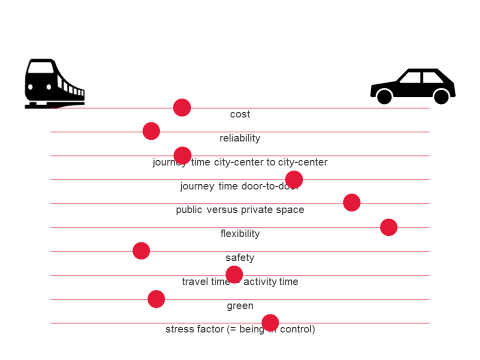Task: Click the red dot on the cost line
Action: click(182, 107)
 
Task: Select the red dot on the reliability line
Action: click(151, 131)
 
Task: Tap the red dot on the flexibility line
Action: click(388, 227)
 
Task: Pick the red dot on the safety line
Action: click(141, 250)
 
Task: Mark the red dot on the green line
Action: click(156, 299)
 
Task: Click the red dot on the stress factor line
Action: click(270, 322)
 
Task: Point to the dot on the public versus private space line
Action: click(351, 202)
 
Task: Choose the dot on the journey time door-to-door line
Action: click(294, 179)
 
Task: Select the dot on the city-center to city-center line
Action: click(182, 155)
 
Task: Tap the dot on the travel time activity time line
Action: click(234, 274)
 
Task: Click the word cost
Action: click(240, 114)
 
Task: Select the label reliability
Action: click(240, 138)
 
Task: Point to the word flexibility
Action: click(240, 233)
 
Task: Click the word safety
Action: click(240, 257)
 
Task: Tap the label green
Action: click(240, 305)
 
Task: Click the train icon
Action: click(53, 83)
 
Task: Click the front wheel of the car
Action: click(384, 96)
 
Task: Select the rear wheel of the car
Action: click(441, 96)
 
